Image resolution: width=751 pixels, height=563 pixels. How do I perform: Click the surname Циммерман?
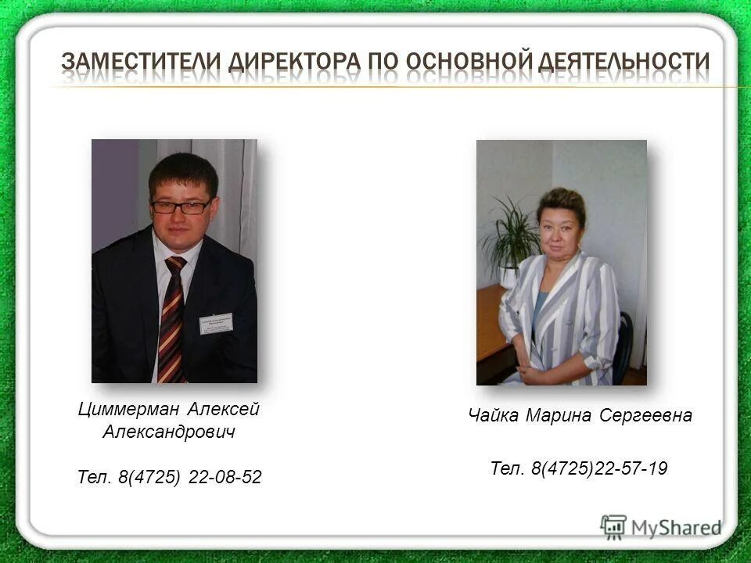(129, 409)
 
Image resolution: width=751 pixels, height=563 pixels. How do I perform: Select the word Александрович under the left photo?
(170, 432)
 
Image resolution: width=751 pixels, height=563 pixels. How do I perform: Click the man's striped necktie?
(172, 321)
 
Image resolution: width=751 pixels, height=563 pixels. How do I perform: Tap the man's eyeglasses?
(181, 207)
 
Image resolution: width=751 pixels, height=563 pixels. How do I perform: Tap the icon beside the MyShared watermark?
(613, 527)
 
